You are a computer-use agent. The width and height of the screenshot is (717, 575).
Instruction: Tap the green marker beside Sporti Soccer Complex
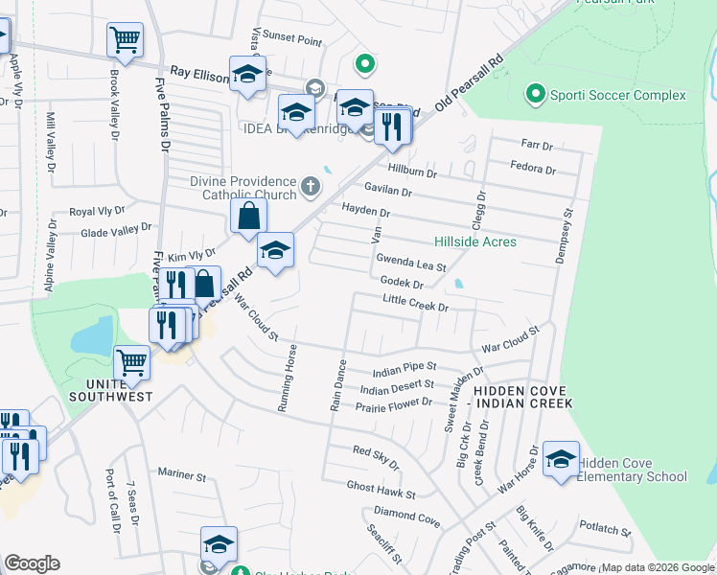(535, 94)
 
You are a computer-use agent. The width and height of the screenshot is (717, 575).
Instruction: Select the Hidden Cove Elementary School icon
(561, 459)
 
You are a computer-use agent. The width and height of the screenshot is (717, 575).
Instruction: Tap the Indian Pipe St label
(404, 366)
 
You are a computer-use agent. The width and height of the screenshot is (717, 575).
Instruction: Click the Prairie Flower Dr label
(394, 404)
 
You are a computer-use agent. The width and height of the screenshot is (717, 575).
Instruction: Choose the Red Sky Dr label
(375, 454)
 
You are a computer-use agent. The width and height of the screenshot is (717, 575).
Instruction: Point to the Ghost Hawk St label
(381, 491)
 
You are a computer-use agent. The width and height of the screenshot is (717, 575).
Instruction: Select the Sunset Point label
(292, 41)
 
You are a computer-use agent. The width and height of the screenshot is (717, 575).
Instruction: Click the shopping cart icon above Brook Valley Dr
(125, 40)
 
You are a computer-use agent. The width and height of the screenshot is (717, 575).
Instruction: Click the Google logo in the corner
(32, 563)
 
